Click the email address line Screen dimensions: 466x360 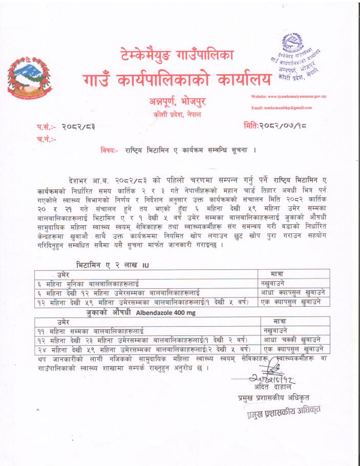click(x=281, y=108)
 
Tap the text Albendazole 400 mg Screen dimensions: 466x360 click(x=166, y=312)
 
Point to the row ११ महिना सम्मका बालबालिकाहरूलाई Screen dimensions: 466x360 click(x=91, y=331)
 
